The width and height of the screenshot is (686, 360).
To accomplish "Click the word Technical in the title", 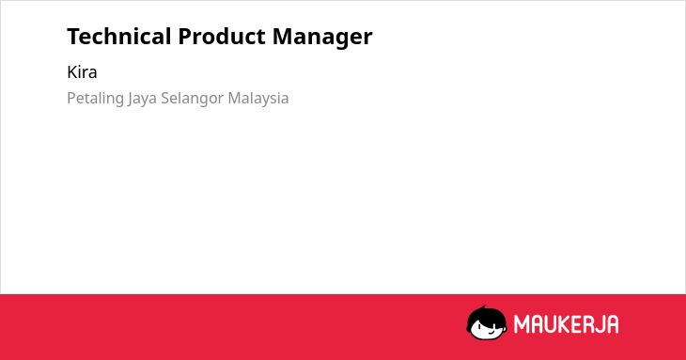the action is click(x=119, y=37).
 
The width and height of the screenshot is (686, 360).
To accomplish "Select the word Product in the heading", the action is click(x=222, y=37).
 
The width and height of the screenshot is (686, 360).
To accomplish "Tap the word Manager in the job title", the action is click(x=322, y=38).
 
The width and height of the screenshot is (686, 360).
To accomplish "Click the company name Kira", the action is click(x=82, y=72).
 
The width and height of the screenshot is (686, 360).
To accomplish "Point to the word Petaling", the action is click(x=95, y=99).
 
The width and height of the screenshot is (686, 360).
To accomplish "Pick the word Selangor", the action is click(x=193, y=99).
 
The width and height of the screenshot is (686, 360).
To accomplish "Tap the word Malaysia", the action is click(x=258, y=99).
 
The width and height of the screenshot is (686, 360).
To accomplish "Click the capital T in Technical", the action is click(x=74, y=37).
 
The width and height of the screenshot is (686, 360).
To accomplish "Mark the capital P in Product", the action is click(x=185, y=37).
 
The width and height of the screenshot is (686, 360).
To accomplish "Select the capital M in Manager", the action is click(x=283, y=37).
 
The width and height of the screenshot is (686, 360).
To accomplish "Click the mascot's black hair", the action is click(x=486, y=316).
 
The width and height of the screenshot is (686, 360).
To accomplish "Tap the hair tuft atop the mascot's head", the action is click(x=483, y=308).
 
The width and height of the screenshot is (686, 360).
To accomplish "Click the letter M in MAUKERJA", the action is click(x=522, y=324).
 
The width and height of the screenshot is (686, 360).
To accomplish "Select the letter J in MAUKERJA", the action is click(x=600, y=324).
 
